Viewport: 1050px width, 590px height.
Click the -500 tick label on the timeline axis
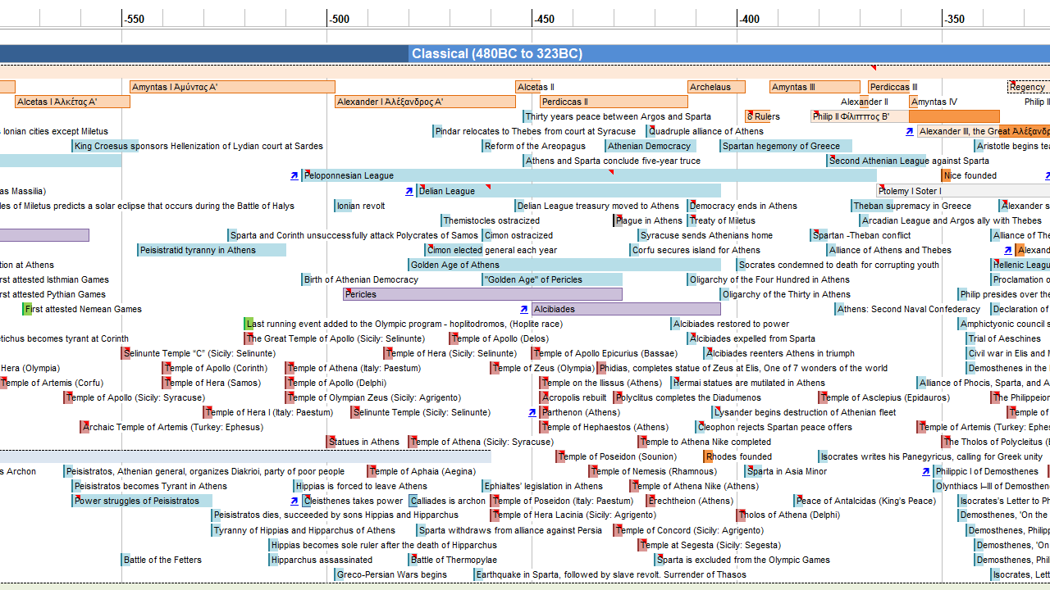click(x=339, y=19)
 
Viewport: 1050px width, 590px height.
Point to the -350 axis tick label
click(x=954, y=19)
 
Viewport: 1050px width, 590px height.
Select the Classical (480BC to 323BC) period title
click(x=497, y=54)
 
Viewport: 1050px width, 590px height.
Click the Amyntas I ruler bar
click(x=232, y=87)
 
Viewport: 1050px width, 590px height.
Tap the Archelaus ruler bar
click(x=716, y=87)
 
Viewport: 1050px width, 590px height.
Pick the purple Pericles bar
click(x=482, y=294)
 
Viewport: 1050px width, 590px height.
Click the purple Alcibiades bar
click(x=626, y=309)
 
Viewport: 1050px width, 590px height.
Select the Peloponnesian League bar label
click(x=349, y=175)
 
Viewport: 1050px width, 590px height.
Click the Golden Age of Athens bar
click(x=564, y=265)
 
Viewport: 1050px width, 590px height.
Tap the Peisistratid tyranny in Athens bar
click(x=212, y=250)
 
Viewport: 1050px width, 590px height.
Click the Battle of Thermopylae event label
click(x=454, y=560)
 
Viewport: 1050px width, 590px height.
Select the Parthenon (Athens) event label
click(x=581, y=412)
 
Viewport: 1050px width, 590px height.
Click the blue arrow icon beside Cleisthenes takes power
click(x=294, y=501)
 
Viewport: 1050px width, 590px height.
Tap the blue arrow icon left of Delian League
click(x=409, y=191)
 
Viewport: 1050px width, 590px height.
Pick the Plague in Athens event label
click(x=649, y=220)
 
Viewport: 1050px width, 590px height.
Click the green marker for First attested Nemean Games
click(x=27, y=309)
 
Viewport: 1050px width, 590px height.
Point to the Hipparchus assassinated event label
click(x=322, y=560)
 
